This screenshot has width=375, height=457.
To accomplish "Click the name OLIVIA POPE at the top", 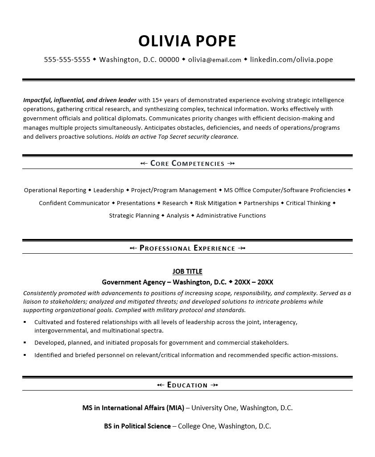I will [187, 41].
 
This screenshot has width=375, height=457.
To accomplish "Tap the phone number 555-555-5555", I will [67, 60].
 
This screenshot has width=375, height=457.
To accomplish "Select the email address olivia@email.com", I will [214, 60].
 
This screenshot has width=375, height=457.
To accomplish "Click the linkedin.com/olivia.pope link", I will [291, 60].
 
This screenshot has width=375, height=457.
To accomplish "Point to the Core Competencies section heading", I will [187, 164].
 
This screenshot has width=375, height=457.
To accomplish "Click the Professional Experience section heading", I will [187, 248].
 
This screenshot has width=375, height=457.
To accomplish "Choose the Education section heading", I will [187, 385].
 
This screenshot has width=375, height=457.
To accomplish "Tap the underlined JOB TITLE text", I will [187, 272].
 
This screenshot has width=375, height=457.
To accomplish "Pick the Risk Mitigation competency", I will [216, 203].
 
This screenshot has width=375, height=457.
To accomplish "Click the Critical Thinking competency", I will [308, 203].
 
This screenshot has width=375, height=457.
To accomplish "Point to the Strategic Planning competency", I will [134, 216].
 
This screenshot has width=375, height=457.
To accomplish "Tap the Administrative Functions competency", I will [231, 216].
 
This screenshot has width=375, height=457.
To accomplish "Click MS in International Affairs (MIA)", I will [133, 408].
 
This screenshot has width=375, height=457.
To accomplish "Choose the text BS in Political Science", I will [137, 426].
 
